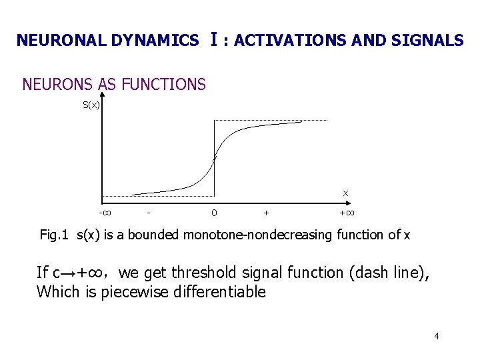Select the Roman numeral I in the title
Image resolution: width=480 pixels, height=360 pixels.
(212, 39)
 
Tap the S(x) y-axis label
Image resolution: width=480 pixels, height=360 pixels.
(91, 105)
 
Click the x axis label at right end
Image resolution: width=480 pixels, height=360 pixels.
(345, 193)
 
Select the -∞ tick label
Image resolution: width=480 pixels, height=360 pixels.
(105, 213)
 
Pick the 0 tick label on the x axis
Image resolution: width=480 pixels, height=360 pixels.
(213, 213)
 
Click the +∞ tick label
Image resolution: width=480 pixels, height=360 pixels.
(347, 213)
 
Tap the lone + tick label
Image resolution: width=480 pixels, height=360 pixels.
(267, 213)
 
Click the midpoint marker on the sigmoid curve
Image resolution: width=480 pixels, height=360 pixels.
(214, 159)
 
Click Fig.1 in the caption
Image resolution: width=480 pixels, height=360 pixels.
(55, 235)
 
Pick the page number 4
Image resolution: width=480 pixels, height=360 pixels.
(437, 336)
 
